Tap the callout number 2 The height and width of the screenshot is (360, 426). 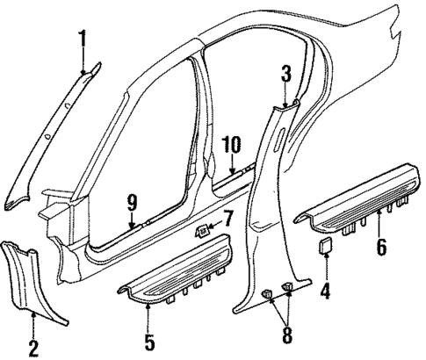click(x=33, y=349)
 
